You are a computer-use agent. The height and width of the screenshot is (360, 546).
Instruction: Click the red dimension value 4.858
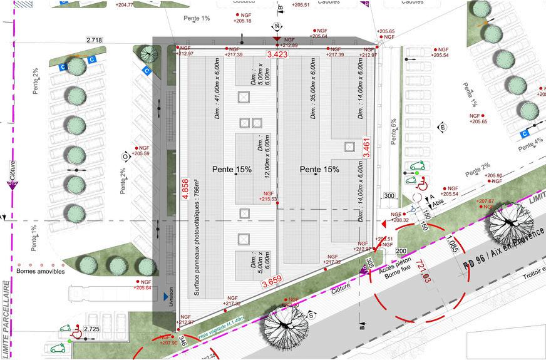tap(185, 188)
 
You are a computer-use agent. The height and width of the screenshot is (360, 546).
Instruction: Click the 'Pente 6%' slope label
tap(393, 131)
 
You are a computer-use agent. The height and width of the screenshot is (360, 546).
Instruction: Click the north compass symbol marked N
tap(276, 26)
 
